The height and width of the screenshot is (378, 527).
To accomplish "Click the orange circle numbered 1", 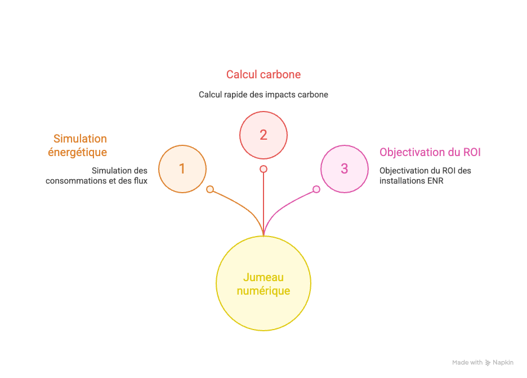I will pyautogui.click(x=182, y=169).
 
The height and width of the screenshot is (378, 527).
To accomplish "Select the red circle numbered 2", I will pyautogui.click(x=263, y=135).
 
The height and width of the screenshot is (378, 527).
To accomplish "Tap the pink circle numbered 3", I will pyautogui.click(x=344, y=169).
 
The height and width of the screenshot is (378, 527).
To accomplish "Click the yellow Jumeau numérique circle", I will pyautogui.click(x=263, y=284).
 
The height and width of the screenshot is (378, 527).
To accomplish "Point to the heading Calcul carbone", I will pyautogui.click(x=263, y=74).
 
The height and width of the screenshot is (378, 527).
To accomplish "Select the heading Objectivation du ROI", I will pyautogui.click(x=430, y=152).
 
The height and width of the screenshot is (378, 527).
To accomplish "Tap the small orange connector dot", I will pyautogui.click(x=210, y=189).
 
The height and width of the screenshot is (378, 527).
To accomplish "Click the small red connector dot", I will pyautogui.click(x=263, y=169).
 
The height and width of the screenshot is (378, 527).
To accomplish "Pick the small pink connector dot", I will pyautogui.click(x=316, y=189).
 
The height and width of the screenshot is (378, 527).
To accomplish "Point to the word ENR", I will pyautogui.click(x=435, y=181).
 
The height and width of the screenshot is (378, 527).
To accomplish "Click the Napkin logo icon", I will pyautogui.click(x=488, y=363).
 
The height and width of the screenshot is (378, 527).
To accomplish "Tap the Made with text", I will pyautogui.click(x=467, y=363).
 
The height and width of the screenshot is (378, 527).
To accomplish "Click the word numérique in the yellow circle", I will pyautogui.click(x=263, y=291).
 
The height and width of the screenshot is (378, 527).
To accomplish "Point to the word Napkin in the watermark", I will pyautogui.click(x=503, y=363).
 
